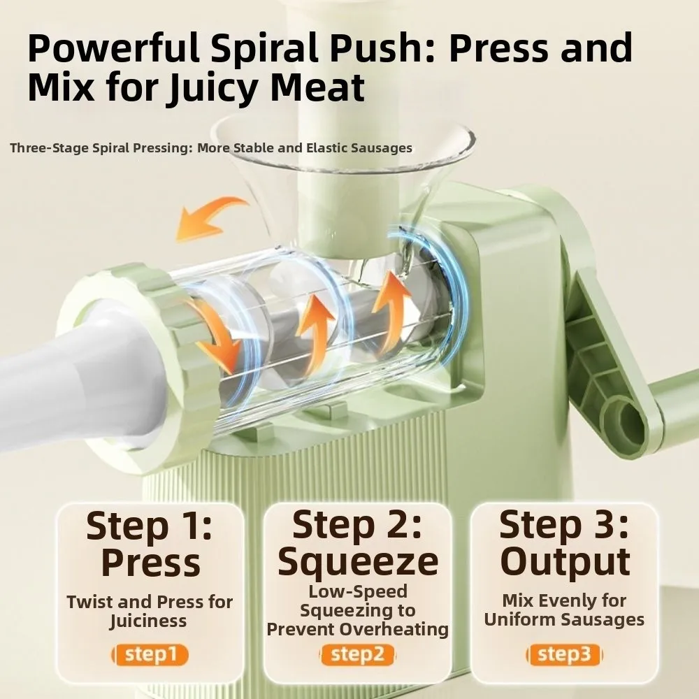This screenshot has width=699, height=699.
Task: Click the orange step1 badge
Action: coord(150,654)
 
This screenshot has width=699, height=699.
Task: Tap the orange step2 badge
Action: coord(357,654)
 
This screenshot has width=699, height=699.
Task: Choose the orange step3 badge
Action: coord(564,654)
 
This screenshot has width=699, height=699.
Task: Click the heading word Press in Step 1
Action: coord(150,563)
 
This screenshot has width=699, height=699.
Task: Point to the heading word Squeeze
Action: coord(357,561)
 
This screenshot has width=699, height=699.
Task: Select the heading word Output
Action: coord(564,561)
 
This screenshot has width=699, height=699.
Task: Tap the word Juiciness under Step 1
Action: coord(148,621)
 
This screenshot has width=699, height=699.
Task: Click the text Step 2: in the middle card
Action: coord(357,525)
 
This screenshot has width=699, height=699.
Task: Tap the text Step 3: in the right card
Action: coord(564,525)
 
